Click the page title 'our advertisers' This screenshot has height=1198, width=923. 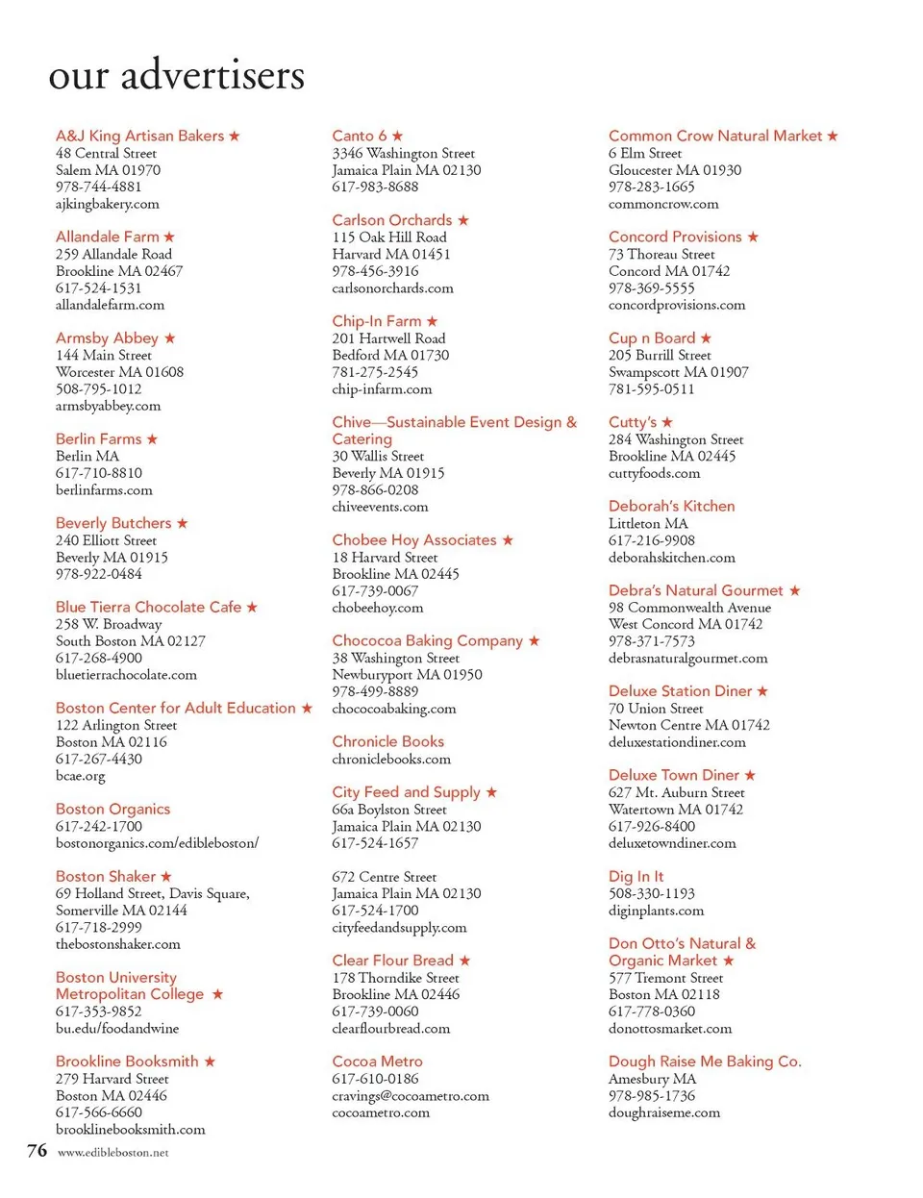coord(177,75)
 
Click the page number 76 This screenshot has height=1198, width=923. coord(37,1150)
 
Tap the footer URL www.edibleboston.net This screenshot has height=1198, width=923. coord(112,1152)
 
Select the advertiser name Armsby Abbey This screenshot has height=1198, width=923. coord(107,337)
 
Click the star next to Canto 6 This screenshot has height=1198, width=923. coord(398,136)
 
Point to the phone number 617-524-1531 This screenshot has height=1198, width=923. coord(98,287)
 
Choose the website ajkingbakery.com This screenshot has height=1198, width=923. coord(108,204)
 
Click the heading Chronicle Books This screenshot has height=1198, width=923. coord(387,741)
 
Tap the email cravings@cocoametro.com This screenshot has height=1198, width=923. coord(411,1095)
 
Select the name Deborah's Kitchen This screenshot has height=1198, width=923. coord(671,506)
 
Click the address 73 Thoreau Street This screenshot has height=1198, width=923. coord(661,254)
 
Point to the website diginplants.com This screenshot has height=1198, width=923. coord(656,910)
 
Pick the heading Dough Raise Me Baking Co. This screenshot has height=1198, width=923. coord(705,1061)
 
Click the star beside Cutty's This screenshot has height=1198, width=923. coord(667,422)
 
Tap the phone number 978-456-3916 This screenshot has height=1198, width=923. coord(375,271)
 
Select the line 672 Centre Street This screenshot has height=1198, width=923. coord(384,877)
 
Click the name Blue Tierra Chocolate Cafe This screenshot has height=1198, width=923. coord(148,607)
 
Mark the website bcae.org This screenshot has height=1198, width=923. coord(81,776)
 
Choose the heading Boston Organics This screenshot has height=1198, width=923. coord(112,809)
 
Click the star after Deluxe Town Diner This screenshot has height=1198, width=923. coord(750,775)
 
